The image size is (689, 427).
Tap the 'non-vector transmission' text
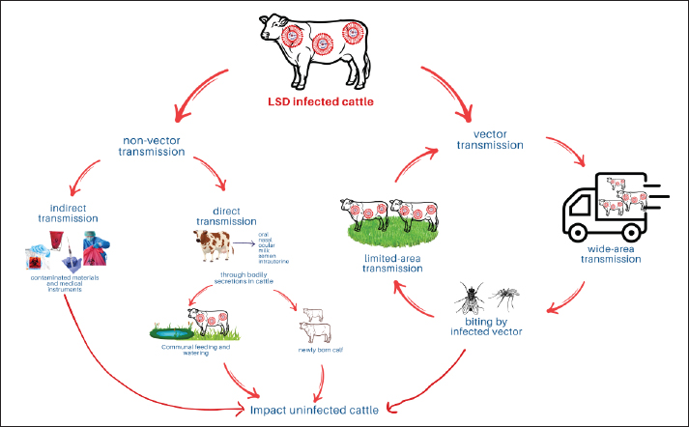click(x=167, y=145)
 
